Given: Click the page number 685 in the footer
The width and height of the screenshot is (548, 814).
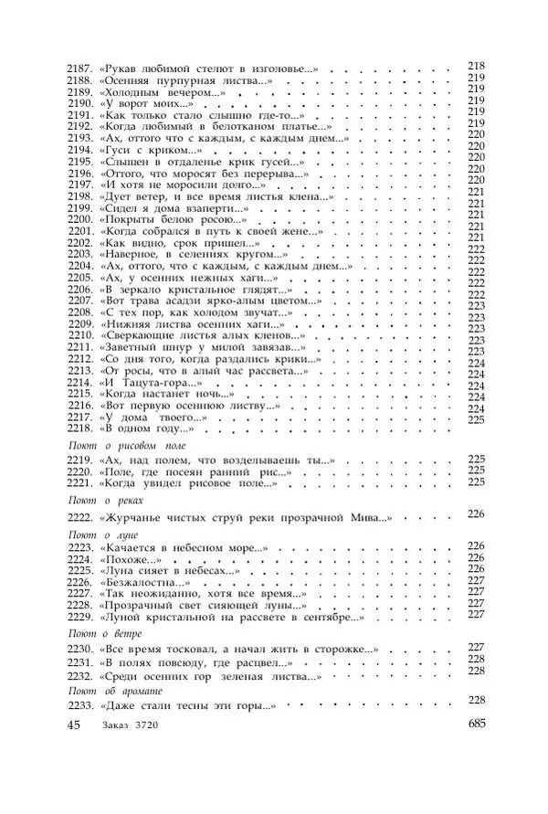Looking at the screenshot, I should [x=476, y=725].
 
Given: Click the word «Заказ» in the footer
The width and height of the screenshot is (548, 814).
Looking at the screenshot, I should [x=119, y=727].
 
